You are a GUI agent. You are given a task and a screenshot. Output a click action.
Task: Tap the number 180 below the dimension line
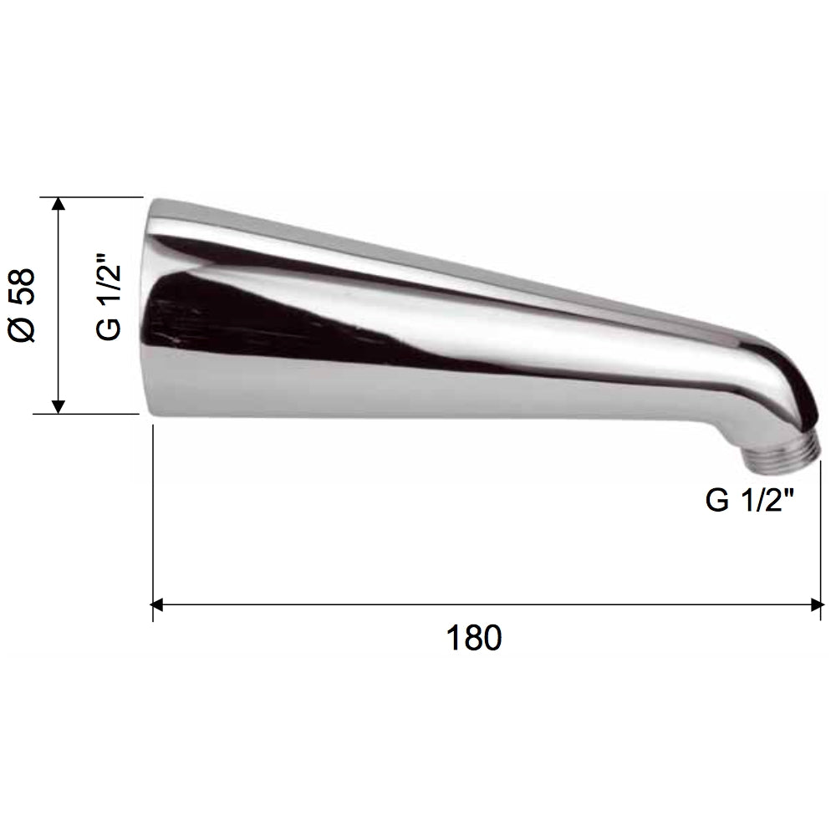[x=474, y=638]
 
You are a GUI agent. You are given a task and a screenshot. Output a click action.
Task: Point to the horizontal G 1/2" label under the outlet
[x=750, y=501]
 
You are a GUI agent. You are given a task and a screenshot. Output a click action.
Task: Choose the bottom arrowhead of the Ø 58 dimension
[x=58, y=405]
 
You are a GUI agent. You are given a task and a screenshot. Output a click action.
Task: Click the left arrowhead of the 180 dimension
[x=159, y=604]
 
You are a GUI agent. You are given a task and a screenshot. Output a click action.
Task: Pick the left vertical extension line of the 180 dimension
[x=152, y=518]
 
